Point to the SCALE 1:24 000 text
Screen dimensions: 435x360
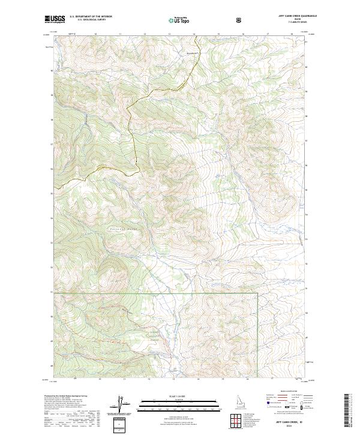(172, 395)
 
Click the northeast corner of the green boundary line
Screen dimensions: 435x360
(257, 293)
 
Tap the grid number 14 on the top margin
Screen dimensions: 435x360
(194, 34)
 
